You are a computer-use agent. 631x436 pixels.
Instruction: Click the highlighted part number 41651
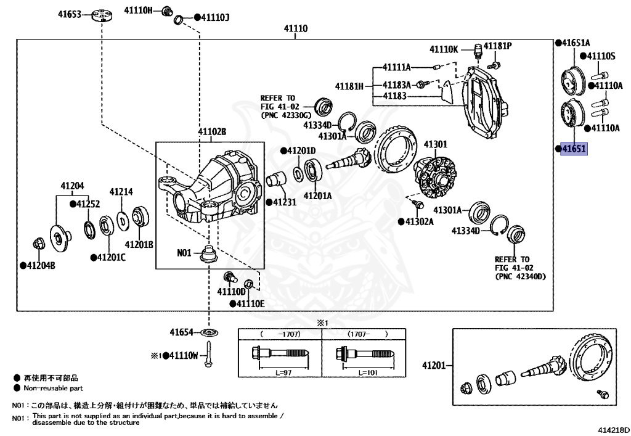click(x=574, y=149)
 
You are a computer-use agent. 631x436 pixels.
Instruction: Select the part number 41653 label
click(x=70, y=13)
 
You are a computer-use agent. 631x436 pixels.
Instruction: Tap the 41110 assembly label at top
click(x=296, y=29)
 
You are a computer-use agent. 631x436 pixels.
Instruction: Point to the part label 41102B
click(x=212, y=132)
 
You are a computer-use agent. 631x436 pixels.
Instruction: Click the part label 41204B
click(x=41, y=266)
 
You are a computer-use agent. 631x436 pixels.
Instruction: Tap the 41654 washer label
click(x=183, y=332)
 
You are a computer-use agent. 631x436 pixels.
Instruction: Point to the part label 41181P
click(x=498, y=46)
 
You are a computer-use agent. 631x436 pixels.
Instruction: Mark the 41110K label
click(x=444, y=49)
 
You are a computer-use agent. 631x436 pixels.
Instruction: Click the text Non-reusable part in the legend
click(x=53, y=389)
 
